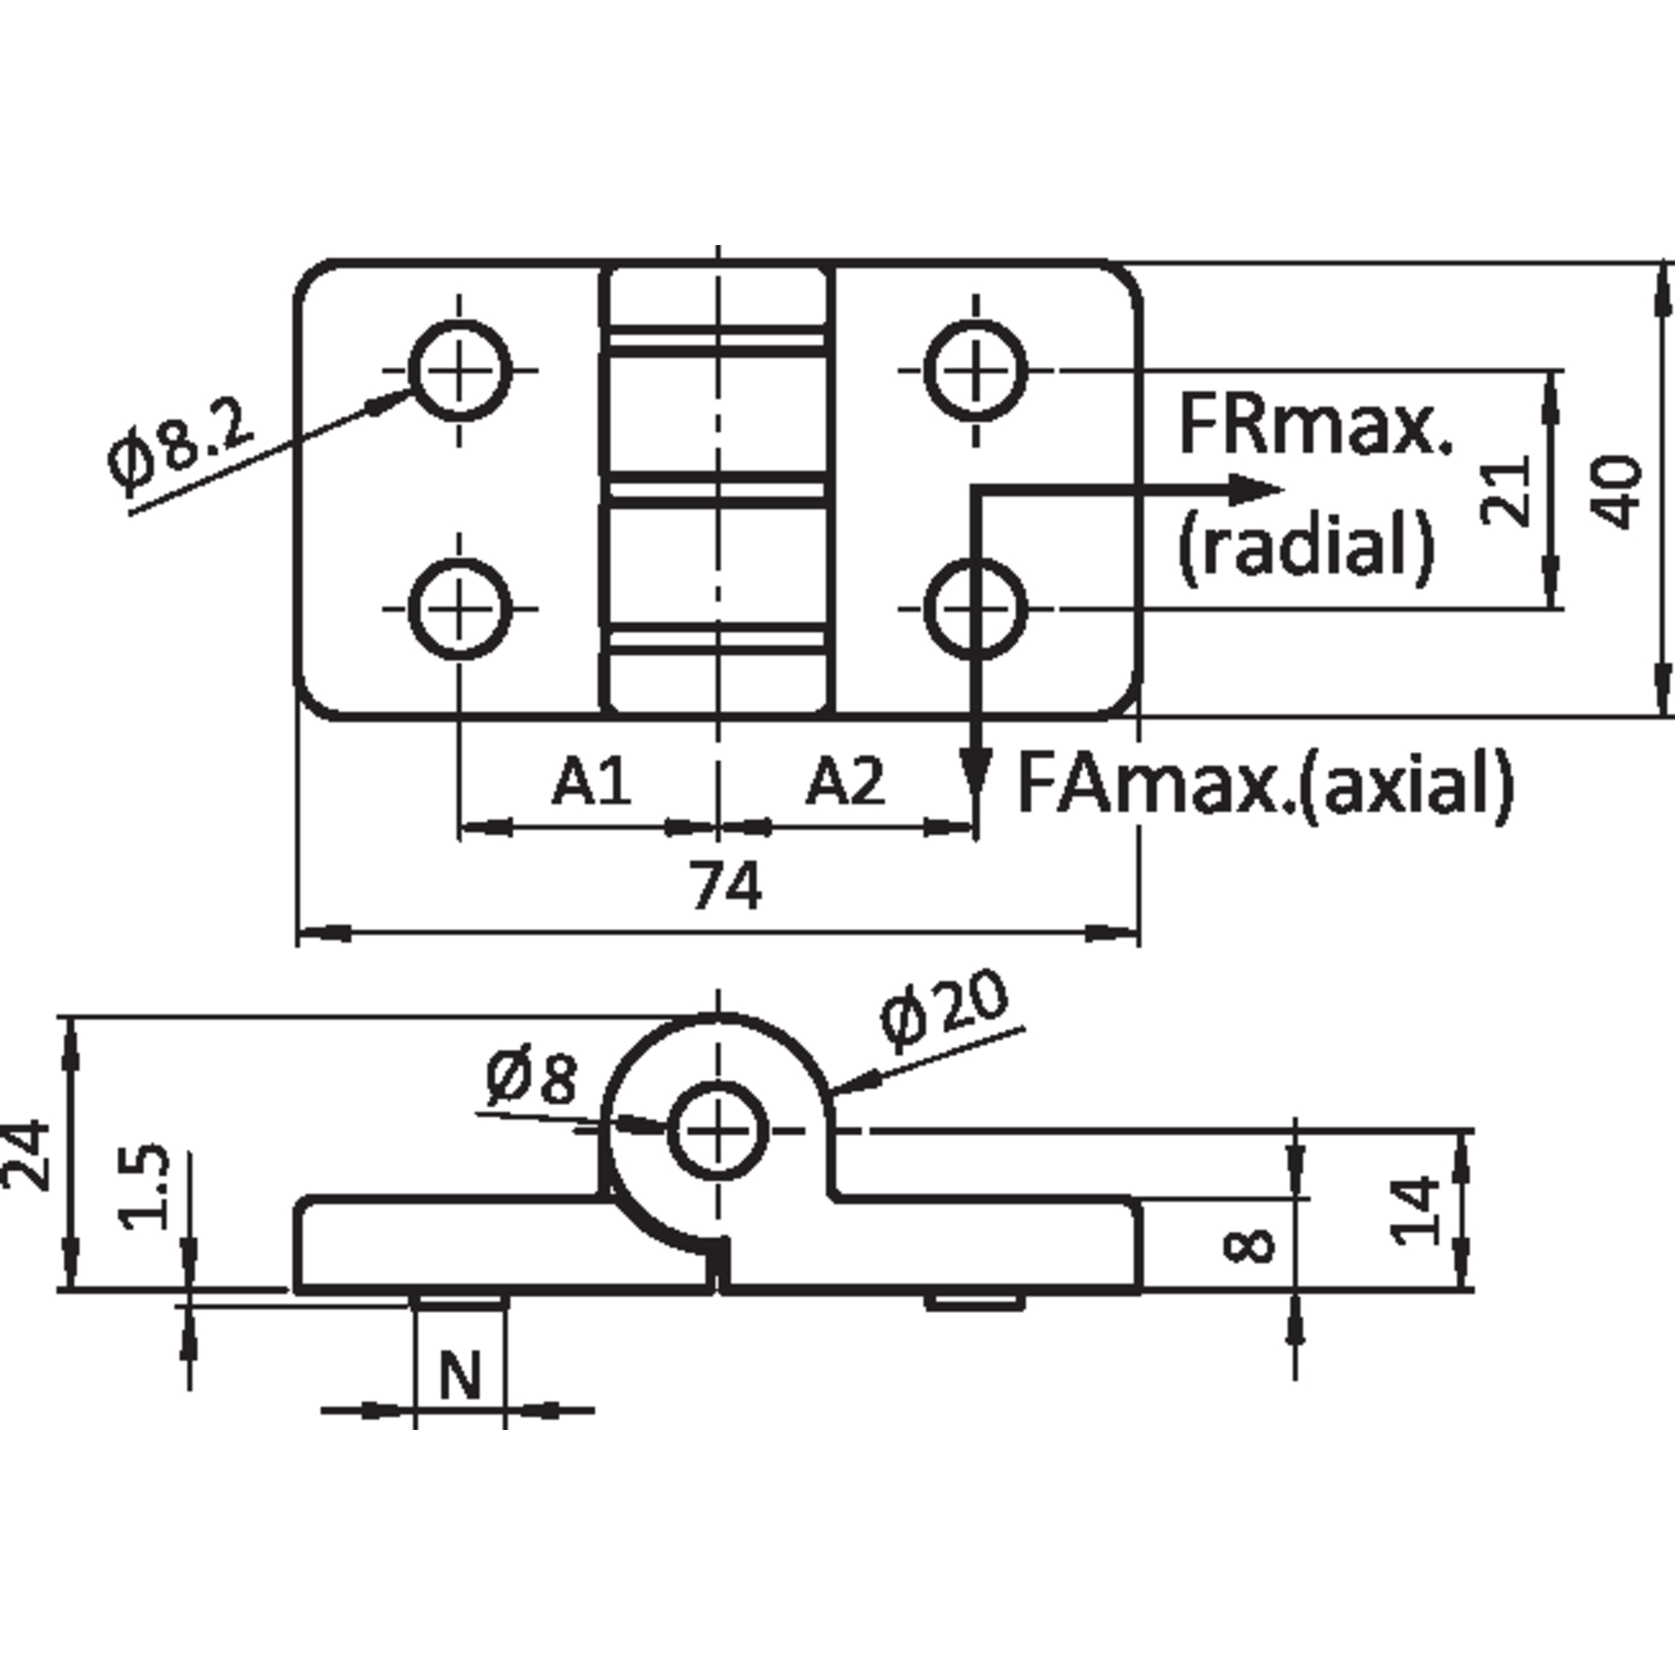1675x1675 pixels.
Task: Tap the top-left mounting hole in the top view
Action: point(460,371)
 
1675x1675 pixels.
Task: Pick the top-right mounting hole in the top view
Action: point(975,371)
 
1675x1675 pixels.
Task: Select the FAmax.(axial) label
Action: point(1265,783)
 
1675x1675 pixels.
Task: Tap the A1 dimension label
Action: point(591,781)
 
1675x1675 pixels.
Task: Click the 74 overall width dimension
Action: point(727,885)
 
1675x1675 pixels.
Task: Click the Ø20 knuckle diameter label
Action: point(944,1013)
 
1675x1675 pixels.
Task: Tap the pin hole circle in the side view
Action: point(718,1131)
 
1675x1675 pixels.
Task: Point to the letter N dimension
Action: point(460,1376)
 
